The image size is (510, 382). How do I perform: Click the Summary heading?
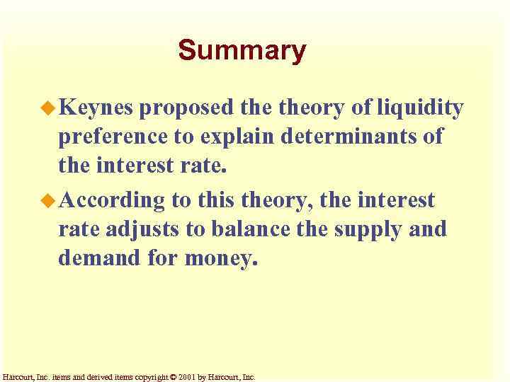(242, 51)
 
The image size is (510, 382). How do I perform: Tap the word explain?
(240, 137)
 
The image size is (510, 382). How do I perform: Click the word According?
(112, 202)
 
